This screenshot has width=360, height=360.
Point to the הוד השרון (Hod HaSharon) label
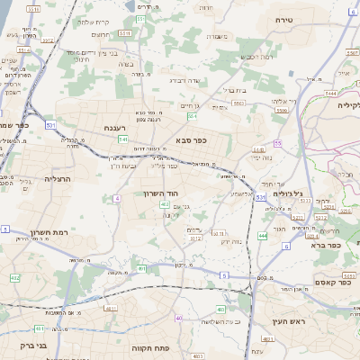[x=163, y=193]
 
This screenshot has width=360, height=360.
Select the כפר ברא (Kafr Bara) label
[x=324, y=244]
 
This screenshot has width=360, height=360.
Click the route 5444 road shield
[x=331, y=92]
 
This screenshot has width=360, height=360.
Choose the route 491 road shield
[x=142, y=268]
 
